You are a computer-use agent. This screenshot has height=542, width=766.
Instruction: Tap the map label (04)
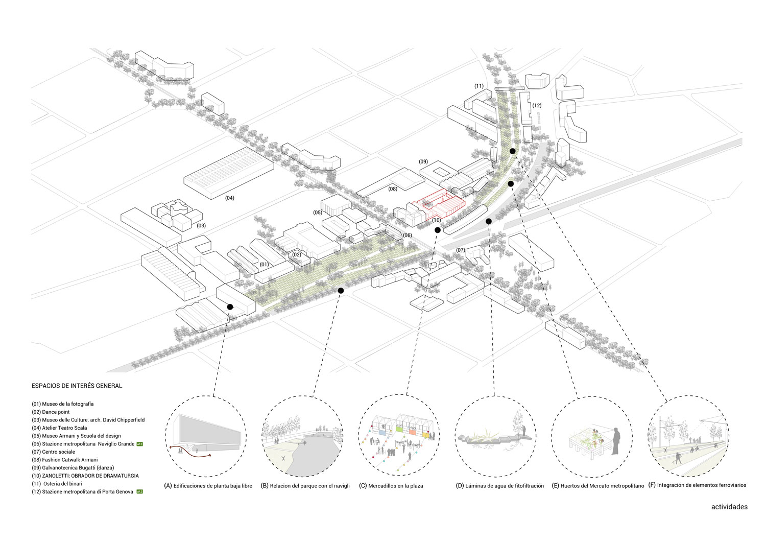230,198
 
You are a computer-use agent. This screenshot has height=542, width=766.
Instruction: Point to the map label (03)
201,225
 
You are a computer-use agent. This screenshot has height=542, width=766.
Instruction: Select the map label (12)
536,106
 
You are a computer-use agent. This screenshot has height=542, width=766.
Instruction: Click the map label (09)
423,161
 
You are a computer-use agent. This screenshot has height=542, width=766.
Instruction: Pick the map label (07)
461,250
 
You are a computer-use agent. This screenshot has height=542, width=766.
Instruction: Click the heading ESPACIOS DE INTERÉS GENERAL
77,386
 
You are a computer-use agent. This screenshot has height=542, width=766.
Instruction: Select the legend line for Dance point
51,412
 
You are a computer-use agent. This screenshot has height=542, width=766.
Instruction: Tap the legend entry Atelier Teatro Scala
59,428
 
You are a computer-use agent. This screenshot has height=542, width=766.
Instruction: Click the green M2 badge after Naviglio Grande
139,444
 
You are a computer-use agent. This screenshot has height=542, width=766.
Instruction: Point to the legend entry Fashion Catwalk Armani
64,460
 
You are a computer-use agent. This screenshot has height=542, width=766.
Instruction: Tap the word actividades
729,507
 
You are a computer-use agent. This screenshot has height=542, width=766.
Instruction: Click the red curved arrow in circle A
183,449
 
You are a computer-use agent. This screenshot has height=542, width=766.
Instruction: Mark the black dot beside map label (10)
437,230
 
